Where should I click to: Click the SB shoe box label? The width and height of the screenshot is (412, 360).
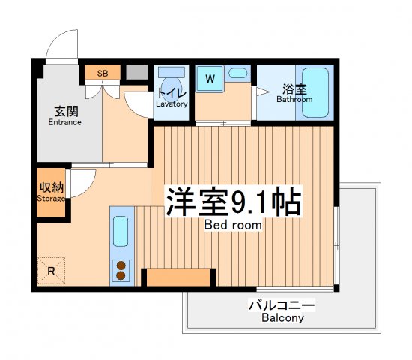click(103, 73)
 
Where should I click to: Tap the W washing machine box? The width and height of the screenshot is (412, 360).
click(210, 77)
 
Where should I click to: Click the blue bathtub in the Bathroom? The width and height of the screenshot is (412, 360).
click(315, 94)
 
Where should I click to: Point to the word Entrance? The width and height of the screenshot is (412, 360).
click(64, 122)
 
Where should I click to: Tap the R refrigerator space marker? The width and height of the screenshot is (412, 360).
click(51, 271)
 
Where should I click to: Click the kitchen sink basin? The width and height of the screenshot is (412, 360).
click(121, 233)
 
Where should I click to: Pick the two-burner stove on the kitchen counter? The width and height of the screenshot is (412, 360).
click(121, 269)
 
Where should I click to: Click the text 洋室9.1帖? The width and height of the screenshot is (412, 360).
click(233, 201)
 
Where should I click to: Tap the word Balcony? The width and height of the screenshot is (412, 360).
click(282, 318)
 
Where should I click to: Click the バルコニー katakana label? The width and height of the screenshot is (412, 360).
click(282, 305)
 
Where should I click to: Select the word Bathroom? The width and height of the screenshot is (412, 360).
click(294, 99)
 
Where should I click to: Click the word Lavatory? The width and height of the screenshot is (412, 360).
click(172, 103)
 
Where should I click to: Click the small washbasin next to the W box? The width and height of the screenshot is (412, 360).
click(237, 73)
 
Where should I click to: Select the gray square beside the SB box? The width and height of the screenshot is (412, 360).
click(136, 73)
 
